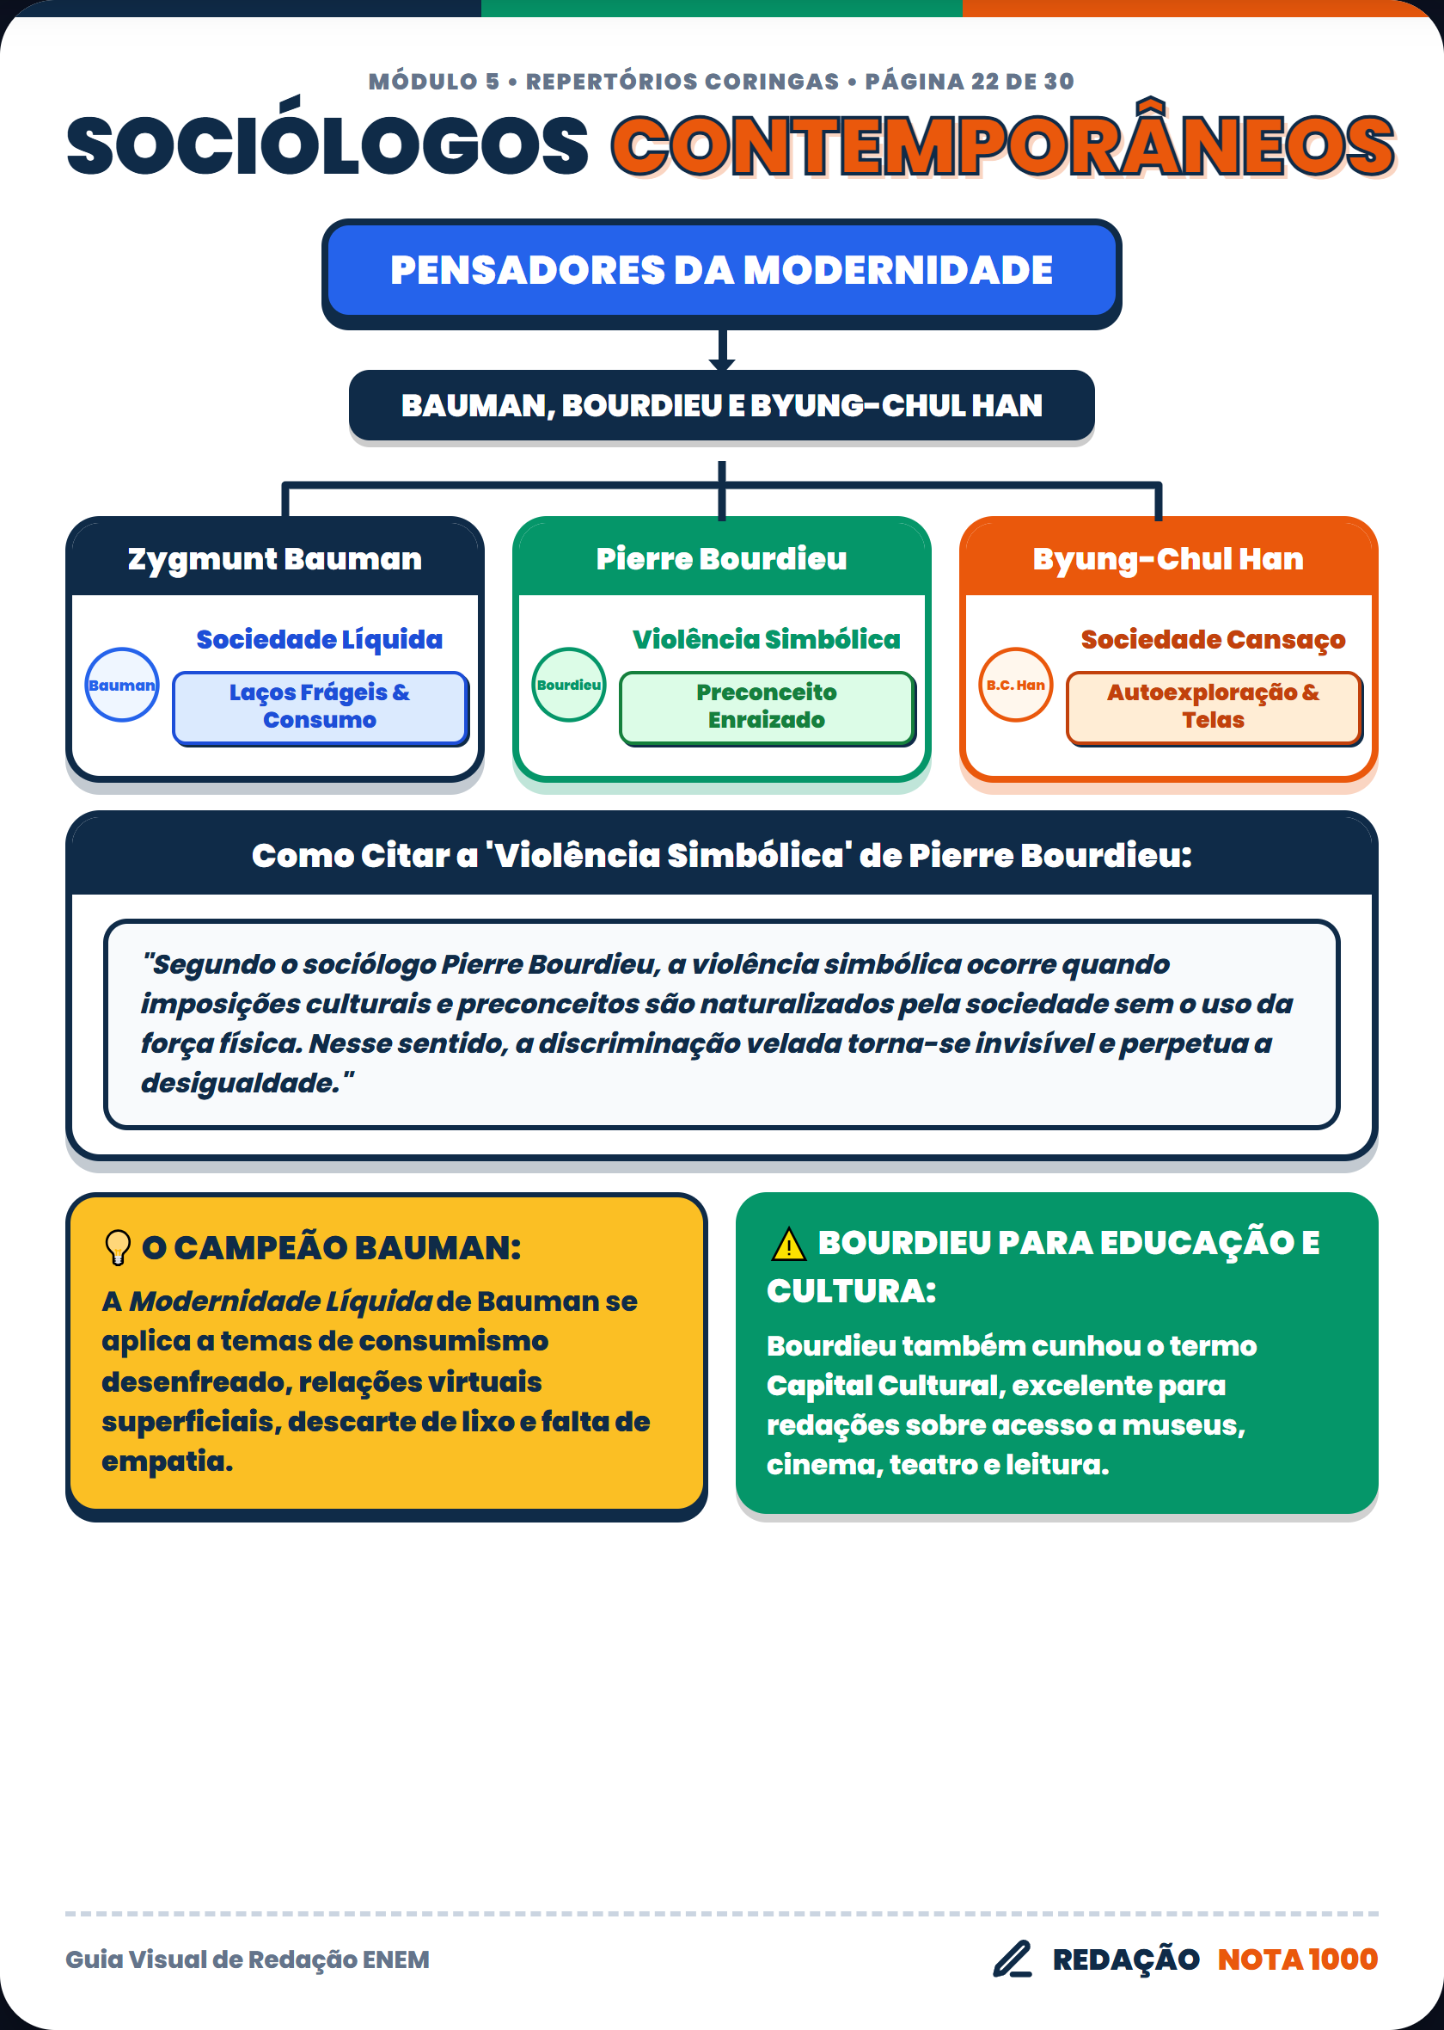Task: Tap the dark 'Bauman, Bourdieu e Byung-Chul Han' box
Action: pyautogui.click(x=721, y=406)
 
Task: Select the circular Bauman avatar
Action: pyautogui.click(x=122, y=685)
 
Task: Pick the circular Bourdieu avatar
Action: pyautogui.click(x=569, y=685)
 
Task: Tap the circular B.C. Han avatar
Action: pyautogui.click(x=1015, y=685)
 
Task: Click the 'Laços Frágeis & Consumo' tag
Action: pyautogui.click(x=320, y=707)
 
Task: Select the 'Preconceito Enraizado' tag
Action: pyautogui.click(x=767, y=707)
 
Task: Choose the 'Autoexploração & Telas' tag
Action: pyautogui.click(x=1214, y=707)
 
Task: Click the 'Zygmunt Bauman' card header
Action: pyautogui.click(x=275, y=558)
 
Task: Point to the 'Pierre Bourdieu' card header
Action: pyautogui.click(x=721, y=558)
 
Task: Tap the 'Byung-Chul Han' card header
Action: pyautogui.click(x=1168, y=558)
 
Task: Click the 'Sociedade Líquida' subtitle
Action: pyautogui.click(x=320, y=640)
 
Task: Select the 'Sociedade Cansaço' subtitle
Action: pyautogui.click(x=1213, y=640)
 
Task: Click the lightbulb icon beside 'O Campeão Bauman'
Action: pyautogui.click(x=118, y=1247)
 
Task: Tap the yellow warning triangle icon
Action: pyautogui.click(x=788, y=1245)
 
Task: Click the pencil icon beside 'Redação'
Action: pyautogui.click(x=1013, y=1959)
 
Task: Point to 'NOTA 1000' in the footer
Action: pyautogui.click(x=1297, y=1959)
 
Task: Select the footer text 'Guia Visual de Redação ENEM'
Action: pyautogui.click(x=248, y=1959)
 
